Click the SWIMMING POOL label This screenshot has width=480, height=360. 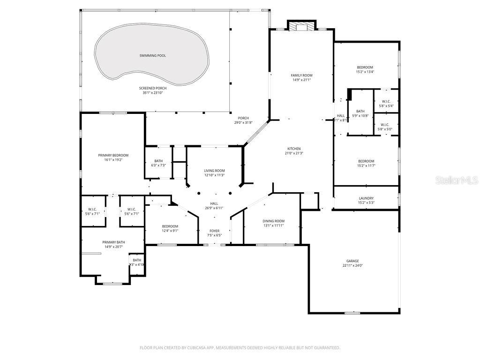click(x=152, y=56)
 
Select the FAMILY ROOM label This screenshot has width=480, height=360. click(x=301, y=75)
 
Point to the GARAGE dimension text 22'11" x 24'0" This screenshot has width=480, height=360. click(x=352, y=266)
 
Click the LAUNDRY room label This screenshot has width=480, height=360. click(x=366, y=198)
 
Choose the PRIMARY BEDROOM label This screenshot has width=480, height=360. click(x=113, y=155)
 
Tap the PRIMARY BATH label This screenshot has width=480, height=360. click(x=112, y=242)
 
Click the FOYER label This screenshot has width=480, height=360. click(x=214, y=231)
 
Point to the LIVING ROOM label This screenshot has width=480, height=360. click(x=214, y=171)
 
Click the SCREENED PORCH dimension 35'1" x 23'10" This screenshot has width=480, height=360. click(x=152, y=93)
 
